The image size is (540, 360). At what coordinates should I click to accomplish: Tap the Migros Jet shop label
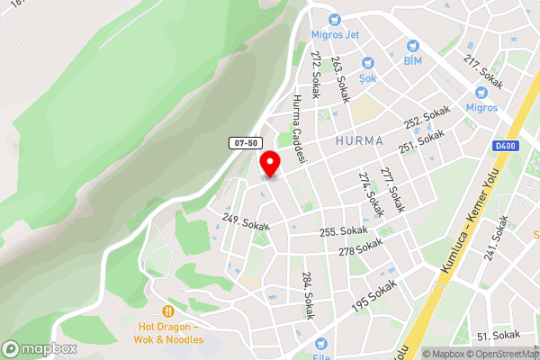335,35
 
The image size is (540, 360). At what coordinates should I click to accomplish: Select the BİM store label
412,60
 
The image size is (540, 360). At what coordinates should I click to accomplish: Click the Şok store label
367,77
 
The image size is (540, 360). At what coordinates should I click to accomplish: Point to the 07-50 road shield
244,143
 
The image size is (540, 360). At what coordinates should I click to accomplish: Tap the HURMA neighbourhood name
358,141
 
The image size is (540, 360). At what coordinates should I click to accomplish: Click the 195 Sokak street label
374,296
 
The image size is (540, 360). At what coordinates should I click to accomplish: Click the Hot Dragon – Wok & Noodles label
171,332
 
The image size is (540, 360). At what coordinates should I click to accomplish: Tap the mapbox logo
39,349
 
